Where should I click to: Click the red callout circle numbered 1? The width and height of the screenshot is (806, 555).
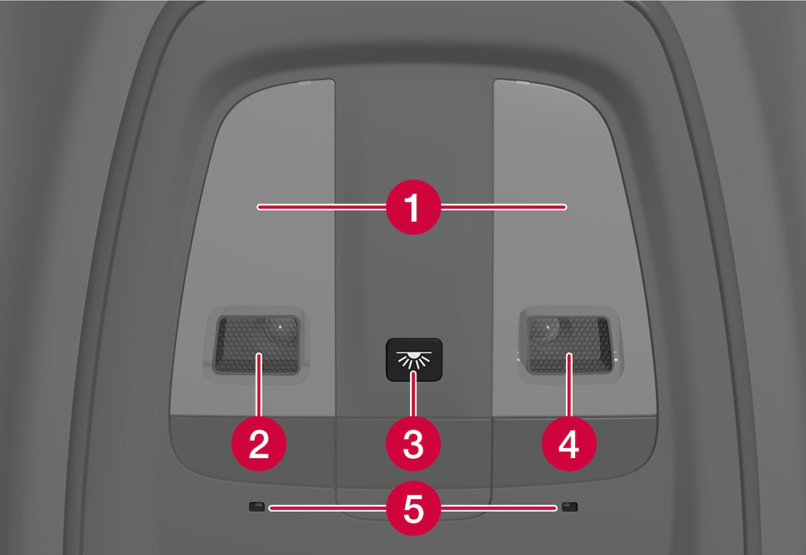(x=414, y=207)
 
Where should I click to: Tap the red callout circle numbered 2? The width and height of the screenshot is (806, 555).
(x=258, y=444)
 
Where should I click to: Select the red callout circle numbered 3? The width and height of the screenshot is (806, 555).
(x=414, y=444)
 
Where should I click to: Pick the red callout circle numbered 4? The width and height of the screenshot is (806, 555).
(x=569, y=444)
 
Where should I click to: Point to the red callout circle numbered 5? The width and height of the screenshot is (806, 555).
(x=414, y=508)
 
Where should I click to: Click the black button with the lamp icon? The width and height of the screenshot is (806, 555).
(x=414, y=359)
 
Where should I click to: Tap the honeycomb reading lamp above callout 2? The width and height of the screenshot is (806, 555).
(x=257, y=344)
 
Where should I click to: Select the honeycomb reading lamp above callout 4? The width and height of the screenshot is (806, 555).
(x=569, y=344)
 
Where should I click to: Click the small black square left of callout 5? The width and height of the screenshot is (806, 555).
(x=257, y=507)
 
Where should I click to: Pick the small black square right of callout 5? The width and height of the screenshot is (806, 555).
(x=569, y=507)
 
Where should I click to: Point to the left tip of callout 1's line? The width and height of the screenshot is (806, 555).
(x=258, y=207)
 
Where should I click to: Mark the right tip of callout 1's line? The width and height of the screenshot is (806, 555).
(x=565, y=207)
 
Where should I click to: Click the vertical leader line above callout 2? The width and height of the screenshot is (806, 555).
(x=258, y=385)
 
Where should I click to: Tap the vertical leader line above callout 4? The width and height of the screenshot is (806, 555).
(x=569, y=385)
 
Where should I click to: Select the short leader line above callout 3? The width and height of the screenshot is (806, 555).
(x=414, y=394)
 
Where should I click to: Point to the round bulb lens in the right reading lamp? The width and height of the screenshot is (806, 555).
(x=548, y=328)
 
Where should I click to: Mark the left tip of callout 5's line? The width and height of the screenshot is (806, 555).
(x=271, y=508)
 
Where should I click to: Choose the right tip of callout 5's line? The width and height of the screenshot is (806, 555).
(x=556, y=508)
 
